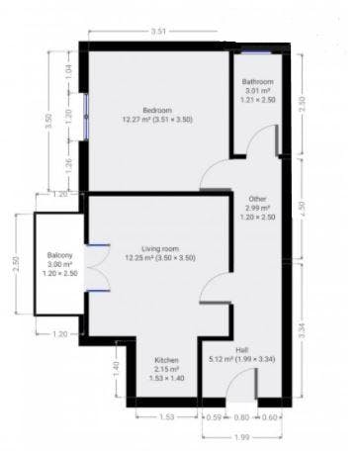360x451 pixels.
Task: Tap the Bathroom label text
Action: pyautogui.click(x=258, y=81)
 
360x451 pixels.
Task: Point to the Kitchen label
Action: pyautogui.click(x=166, y=360)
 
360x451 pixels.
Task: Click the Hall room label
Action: pyautogui.click(x=243, y=349)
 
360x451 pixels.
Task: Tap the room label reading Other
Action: pyautogui.click(x=258, y=198)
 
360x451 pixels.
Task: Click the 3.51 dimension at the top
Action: pyautogui.click(x=159, y=33)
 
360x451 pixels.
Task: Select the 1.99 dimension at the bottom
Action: pyautogui.click(x=242, y=437)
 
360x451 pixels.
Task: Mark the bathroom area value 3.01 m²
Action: pyautogui.click(x=258, y=91)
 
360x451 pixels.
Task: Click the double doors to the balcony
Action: pyautogui.click(x=94, y=267)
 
